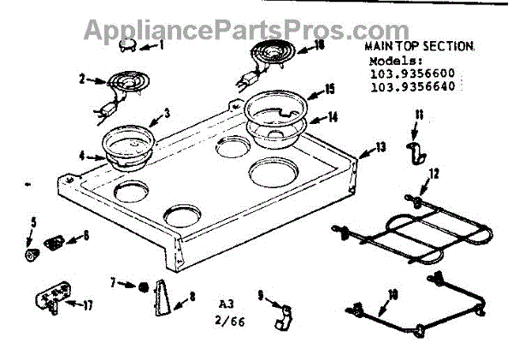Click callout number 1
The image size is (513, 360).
(161, 45)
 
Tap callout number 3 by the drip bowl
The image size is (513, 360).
(167, 113)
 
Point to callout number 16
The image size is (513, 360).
(318, 45)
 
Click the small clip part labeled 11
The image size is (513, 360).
(414, 153)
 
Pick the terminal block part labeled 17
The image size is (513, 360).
(50, 300)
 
